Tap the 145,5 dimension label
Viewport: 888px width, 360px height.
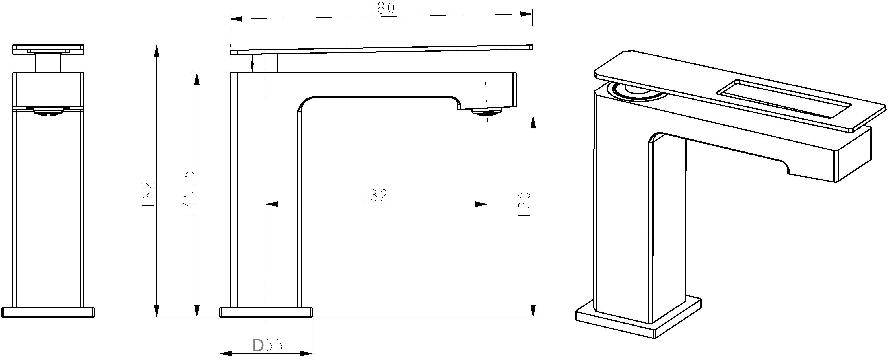pyautogui.click(x=189, y=194)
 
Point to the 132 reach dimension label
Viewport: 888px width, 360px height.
pyautogui.click(x=375, y=196)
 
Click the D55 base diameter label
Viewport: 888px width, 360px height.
pyautogui.click(x=268, y=345)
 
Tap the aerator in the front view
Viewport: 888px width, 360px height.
pyautogui.click(x=49, y=111)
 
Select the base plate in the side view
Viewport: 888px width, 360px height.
pyautogui.click(x=266, y=312)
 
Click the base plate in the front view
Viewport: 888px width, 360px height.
pyautogui.click(x=48, y=312)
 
